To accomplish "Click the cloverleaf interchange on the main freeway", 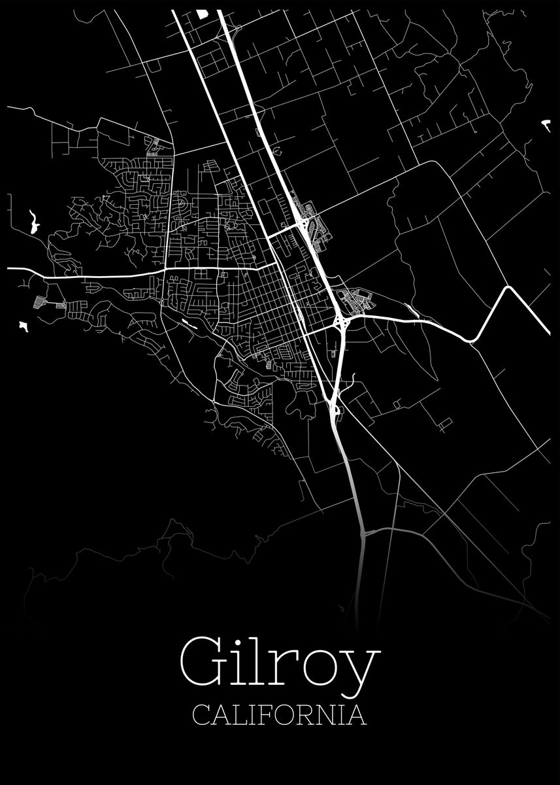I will tap(341, 321).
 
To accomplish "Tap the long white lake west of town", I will tap(33, 222).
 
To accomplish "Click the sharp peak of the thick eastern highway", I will tap(507, 288).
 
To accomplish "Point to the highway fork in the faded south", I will tap(363, 533).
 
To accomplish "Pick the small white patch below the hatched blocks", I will tap(24, 326).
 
